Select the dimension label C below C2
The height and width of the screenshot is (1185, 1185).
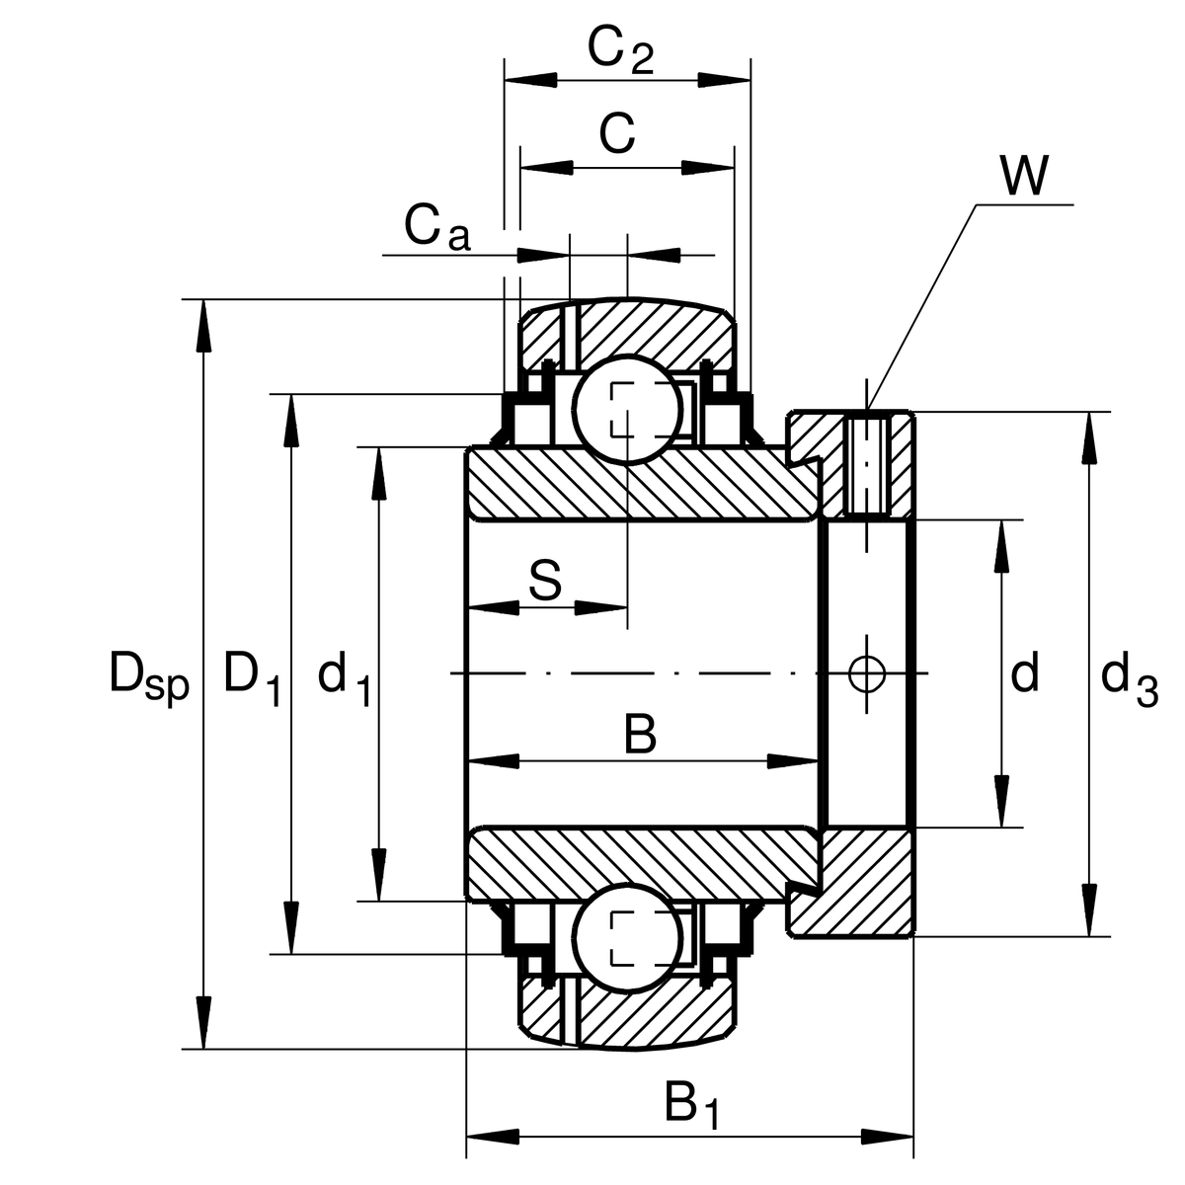pyautogui.click(x=617, y=133)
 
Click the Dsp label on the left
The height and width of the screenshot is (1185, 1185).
pyautogui.click(x=148, y=676)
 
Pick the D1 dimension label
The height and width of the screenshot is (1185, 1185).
pyautogui.click(x=252, y=676)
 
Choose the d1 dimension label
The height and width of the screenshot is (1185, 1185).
pyautogui.click(x=344, y=676)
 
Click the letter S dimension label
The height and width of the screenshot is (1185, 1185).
pyautogui.click(x=544, y=581)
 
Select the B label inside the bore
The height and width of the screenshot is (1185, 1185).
pyautogui.click(x=640, y=736)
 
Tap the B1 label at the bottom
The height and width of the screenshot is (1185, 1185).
pyautogui.click(x=690, y=1104)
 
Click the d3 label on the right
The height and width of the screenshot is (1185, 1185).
pyautogui.click(x=1128, y=678)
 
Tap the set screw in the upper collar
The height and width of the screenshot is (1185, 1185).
pyautogui.click(x=867, y=464)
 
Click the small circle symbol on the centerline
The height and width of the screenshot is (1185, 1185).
pyautogui.click(x=867, y=673)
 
